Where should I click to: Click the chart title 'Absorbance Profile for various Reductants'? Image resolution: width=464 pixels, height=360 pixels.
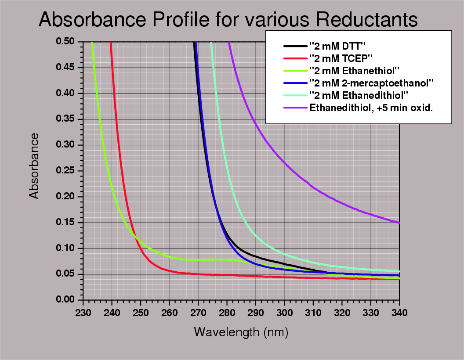[228, 20]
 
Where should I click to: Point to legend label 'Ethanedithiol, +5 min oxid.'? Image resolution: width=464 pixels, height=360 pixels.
[371, 107]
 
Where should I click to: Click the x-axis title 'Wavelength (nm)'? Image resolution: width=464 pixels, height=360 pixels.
[241, 332]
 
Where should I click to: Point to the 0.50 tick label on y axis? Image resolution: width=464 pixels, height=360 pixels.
[65, 42]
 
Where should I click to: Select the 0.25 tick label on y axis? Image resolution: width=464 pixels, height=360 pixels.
[65, 171]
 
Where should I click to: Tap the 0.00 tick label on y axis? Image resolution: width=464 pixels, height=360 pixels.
[65, 300]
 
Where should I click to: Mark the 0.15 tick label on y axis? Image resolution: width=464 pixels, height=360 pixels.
[65, 223]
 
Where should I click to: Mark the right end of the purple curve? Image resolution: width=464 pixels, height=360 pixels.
[399, 223]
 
